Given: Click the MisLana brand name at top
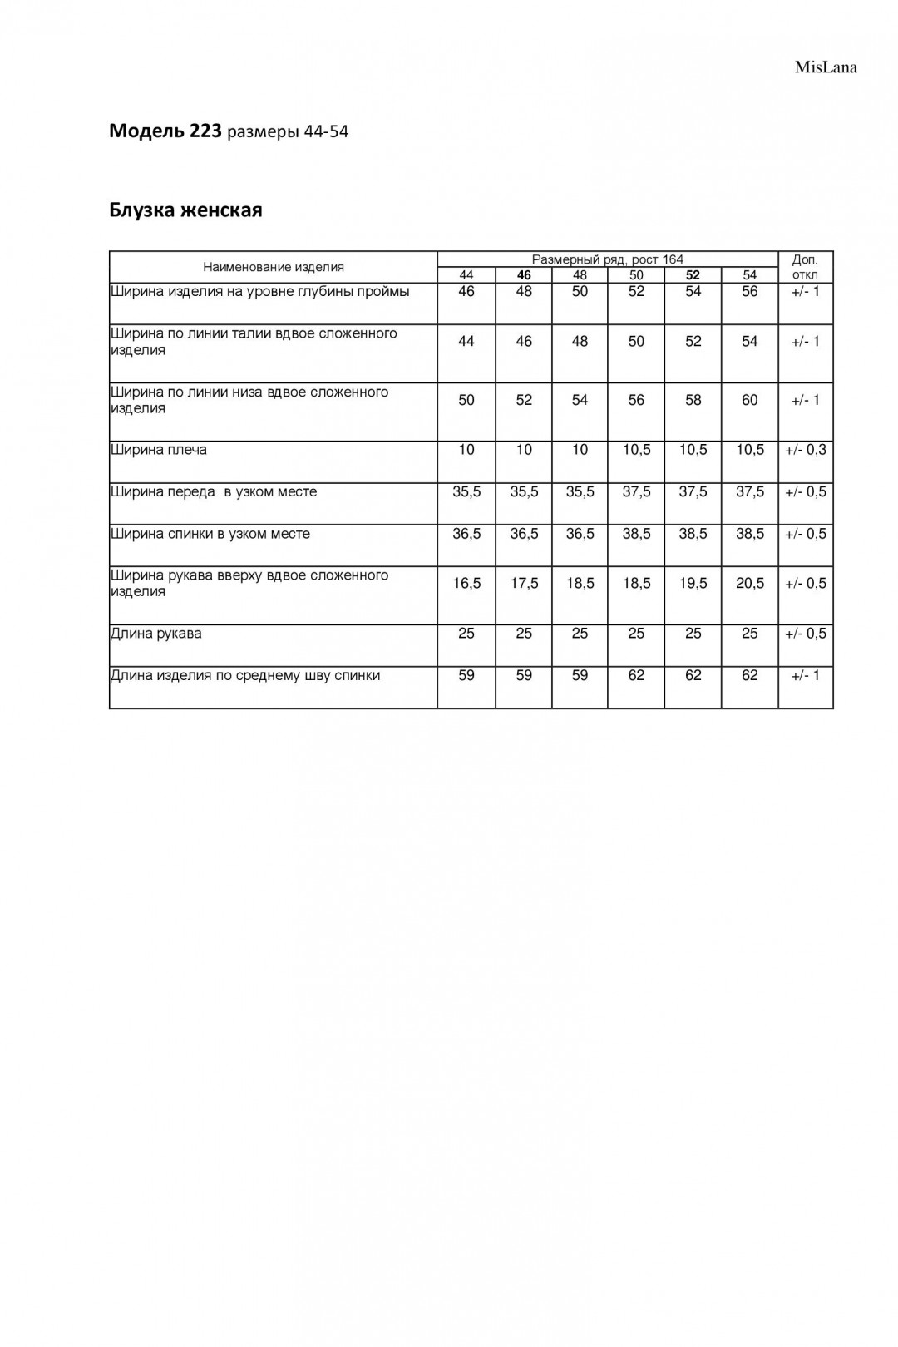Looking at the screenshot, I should click(x=825, y=67).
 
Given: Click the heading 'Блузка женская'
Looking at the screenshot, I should click(x=185, y=210).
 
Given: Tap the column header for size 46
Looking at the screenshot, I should click(x=524, y=275).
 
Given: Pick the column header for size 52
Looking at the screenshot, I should click(x=693, y=275).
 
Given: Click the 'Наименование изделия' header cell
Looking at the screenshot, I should click(x=274, y=267).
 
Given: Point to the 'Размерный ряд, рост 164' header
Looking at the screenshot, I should click(x=607, y=259).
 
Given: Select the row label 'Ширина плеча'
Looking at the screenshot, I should click(x=159, y=450).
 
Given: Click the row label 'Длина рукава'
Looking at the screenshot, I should click(x=156, y=634).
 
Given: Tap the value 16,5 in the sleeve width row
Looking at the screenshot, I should click(x=466, y=584).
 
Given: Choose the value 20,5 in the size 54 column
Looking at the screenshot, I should click(x=749, y=584).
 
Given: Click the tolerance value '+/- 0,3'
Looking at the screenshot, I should click(x=805, y=450).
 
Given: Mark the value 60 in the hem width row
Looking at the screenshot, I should click(x=749, y=400).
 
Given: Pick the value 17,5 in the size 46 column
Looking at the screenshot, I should click(x=524, y=584).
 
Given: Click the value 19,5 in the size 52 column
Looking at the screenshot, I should click(x=693, y=584).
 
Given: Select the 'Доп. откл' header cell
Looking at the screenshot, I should click(x=805, y=267).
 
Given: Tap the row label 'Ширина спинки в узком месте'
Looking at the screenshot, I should click(x=210, y=534).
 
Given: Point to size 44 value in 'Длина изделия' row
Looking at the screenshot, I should click(x=466, y=675).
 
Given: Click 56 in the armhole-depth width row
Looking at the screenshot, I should click(x=749, y=292).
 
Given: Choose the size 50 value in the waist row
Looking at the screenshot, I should click(x=636, y=342).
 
